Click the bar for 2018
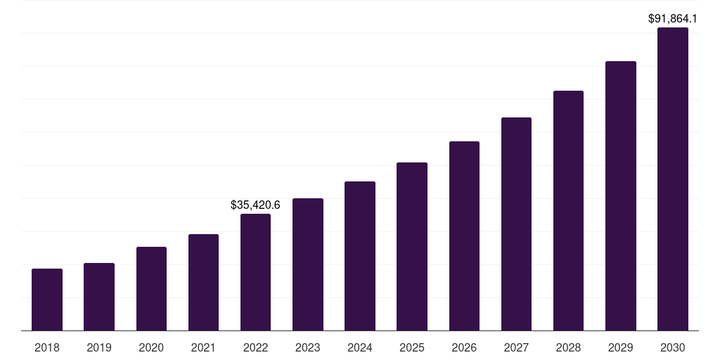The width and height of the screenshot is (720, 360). pyautogui.click(x=47, y=300)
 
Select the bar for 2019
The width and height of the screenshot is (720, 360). pyautogui.click(x=99, y=297)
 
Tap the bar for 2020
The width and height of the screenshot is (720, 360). pyautogui.click(x=151, y=288)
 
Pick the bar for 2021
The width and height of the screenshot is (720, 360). pyautogui.click(x=203, y=282)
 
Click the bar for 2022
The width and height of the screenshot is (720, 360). pyautogui.click(x=255, y=272)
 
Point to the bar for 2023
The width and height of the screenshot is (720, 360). pyautogui.click(x=308, y=264)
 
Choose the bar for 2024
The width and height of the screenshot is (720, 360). pyautogui.click(x=360, y=256)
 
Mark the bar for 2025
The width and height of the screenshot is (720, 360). pyautogui.click(x=412, y=246)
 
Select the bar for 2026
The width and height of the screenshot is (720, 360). pyautogui.click(x=464, y=236)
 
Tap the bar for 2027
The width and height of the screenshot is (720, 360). pyautogui.click(x=516, y=224)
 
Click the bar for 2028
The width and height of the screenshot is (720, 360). pyautogui.click(x=568, y=210)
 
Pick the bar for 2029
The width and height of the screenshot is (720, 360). pyautogui.click(x=621, y=195)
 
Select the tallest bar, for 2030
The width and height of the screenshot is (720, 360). pyautogui.click(x=673, y=179)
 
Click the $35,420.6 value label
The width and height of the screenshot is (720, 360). pyautogui.click(x=255, y=205)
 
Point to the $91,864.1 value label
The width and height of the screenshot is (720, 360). pyautogui.click(x=673, y=19)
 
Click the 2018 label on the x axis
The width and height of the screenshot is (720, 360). pyautogui.click(x=47, y=347)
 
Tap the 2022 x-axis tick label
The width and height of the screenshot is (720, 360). pyautogui.click(x=255, y=347)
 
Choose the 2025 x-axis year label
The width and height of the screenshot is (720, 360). pyautogui.click(x=412, y=347)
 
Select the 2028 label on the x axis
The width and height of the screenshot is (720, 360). pyautogui.click(x=568, y=347)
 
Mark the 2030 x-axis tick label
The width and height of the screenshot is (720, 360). pyautogui.click(x=673, y=347)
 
